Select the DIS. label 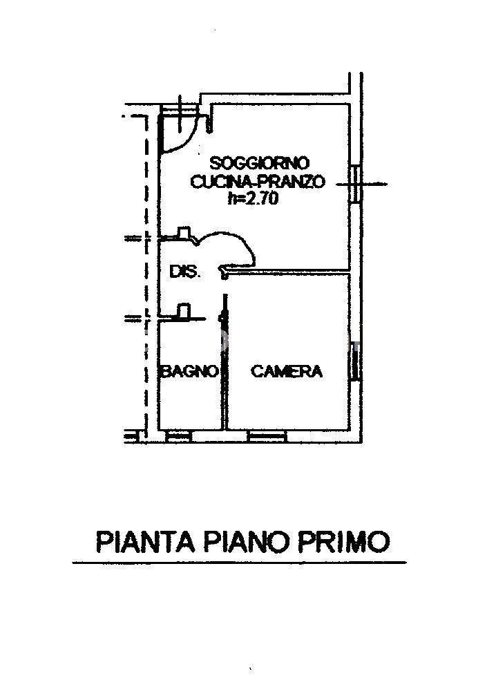coord(184,272)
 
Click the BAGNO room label coord(190,372)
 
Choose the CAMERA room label coord(286,372)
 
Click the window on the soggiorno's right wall coord(354,184)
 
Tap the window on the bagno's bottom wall coord(179,435)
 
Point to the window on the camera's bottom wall coord(266,435)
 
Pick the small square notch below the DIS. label coord(184,312)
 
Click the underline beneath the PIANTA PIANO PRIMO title coord(239,563)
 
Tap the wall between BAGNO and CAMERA coord(224,373)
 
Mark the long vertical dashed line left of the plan coord(146,276)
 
